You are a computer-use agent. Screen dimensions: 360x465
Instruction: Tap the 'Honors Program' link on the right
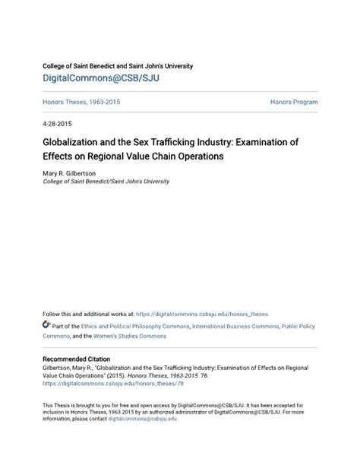(293, 102)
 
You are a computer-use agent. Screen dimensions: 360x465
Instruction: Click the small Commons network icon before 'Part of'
(46, 324)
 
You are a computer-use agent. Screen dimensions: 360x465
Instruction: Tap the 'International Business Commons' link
(235, 325)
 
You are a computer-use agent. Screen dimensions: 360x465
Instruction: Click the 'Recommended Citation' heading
(76, 359)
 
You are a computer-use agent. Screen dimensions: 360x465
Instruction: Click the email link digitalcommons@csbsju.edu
(142, 419)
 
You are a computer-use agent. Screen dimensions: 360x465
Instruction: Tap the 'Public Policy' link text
(298, 325)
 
